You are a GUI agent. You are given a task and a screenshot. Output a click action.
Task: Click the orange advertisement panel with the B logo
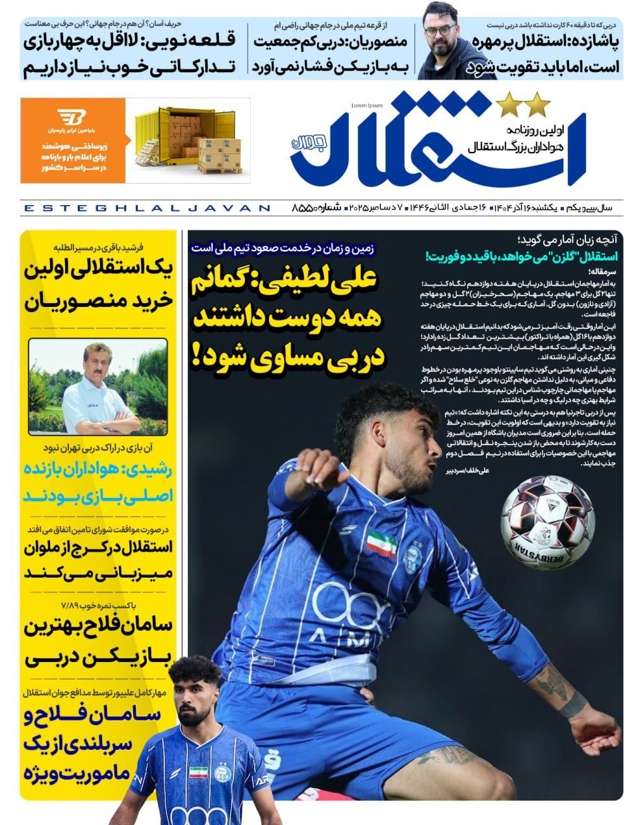coord(72,140)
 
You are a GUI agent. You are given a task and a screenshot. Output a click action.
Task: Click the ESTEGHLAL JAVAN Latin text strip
coord(146,208)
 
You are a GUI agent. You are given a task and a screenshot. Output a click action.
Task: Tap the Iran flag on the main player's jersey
coord(381,543)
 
